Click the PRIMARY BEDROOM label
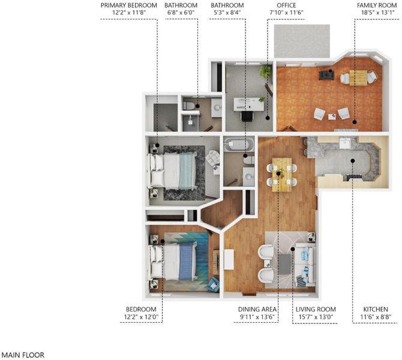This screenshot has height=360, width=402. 129,5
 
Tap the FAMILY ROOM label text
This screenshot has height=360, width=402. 377,5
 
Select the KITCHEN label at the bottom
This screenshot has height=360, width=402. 376,309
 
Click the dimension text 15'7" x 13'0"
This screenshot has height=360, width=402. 316,317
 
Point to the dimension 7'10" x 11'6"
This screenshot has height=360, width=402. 286,13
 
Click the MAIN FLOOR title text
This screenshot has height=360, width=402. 23,355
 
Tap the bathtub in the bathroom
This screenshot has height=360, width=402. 239,145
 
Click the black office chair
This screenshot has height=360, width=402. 247,116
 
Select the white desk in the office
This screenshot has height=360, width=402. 248,104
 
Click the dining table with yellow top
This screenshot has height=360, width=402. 282,175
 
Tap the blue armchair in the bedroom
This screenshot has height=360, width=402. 214,284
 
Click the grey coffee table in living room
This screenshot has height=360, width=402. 284,264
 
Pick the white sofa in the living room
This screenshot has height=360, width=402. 305,265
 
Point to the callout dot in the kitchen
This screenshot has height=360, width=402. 353,161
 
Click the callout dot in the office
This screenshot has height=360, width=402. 268,118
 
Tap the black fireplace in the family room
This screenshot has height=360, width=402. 326,74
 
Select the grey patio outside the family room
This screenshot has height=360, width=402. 302,41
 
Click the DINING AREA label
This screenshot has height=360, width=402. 257,309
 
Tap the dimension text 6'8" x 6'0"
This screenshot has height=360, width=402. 181,13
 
